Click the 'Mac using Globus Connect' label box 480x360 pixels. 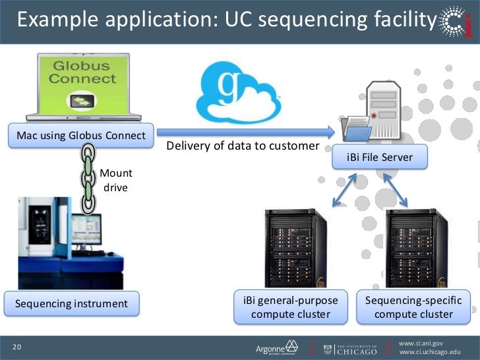point(80,136)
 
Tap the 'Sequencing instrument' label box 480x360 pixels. point(72,304)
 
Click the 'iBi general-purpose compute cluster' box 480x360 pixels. point(291,307)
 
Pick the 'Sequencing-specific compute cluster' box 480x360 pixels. point(413,307)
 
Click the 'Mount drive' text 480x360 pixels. point(116,180)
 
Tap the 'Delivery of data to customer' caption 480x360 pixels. point(243,145)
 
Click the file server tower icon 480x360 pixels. point(376,109)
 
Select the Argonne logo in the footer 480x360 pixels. point(276,347)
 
